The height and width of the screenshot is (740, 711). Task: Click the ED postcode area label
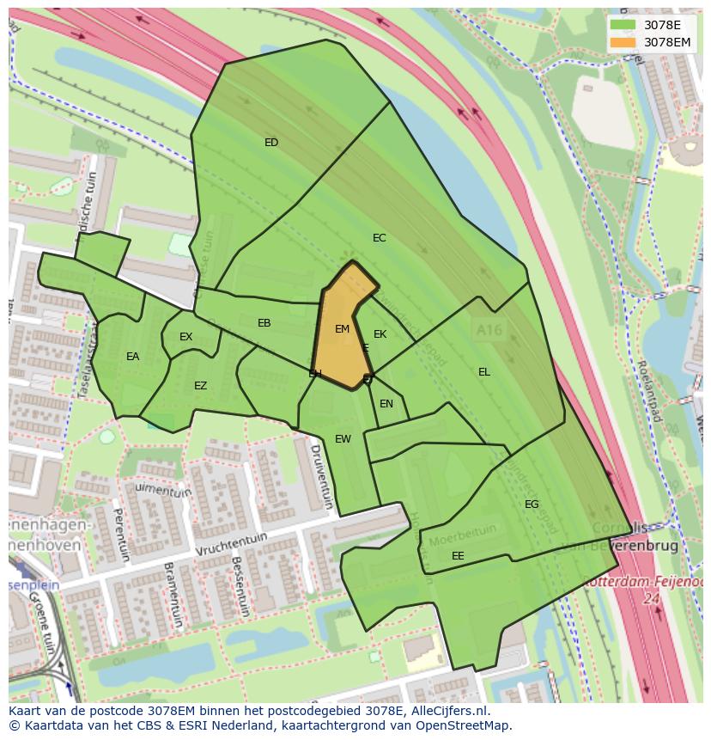pyautogui.click(x=271, y=143)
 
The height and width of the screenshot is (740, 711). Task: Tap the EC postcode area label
pyautogui.click(x=379, y=238)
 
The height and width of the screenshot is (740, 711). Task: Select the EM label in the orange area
pyautogui.click(x=342, y=329)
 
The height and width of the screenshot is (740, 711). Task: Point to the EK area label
pyautogui.click(x=380, y=334)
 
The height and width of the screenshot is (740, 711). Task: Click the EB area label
pyautogui.click(x=264, y=323)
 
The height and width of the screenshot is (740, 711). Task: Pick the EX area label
pyautogui.click(x=186, y=337)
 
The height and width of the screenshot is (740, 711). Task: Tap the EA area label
pyautogui.click(x=132, y=357)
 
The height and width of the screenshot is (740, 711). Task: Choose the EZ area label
pyautogui.click(x=200, y=386)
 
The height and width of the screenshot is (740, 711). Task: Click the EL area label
pyautogui.click(x=484, y=372)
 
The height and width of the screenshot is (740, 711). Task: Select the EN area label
pyautogui.click(x=386, y=404)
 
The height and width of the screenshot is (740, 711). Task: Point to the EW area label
pyautogui.click(x=343, y=439)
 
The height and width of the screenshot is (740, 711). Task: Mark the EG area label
pyautogui.click(x=532, y=505)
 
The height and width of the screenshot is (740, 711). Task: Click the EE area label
pyautogui.click(x=458, y=556)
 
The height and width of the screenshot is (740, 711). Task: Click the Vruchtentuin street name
pyautogui.click(x=231, y=544)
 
